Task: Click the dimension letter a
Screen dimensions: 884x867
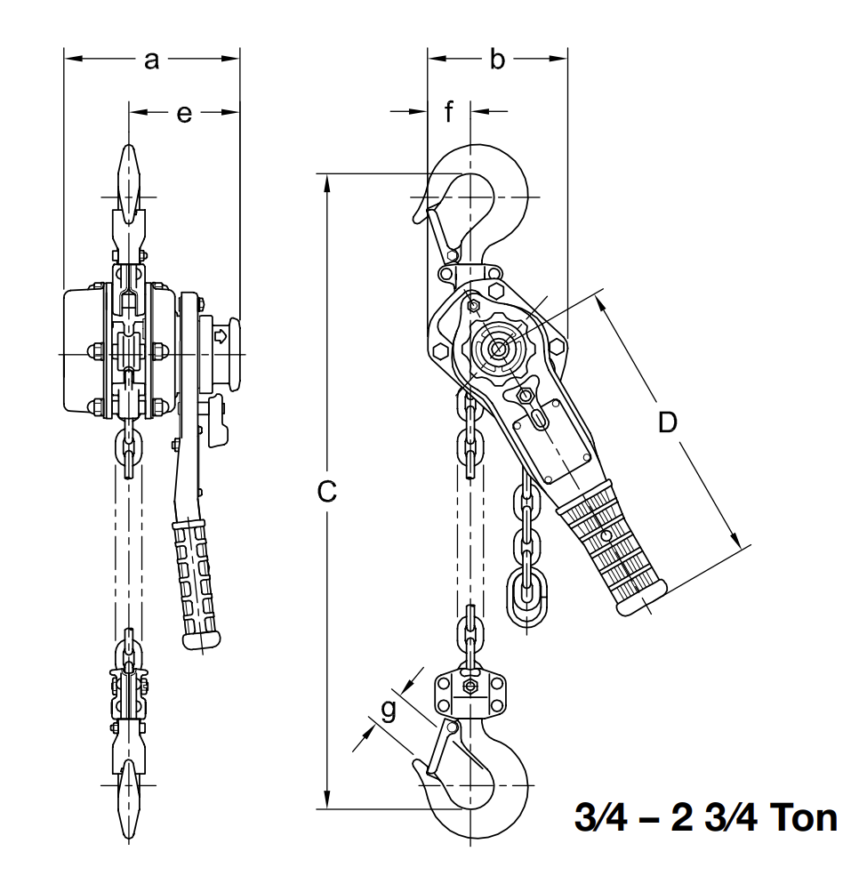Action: coord(151,60)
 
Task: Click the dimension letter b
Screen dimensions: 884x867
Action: coord(497,60)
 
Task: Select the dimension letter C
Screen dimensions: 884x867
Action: coord(327,491)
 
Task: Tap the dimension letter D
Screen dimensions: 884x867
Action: coord(667,423)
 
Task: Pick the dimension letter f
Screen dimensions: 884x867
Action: coord(449,112)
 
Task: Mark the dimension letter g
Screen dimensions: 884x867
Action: coord(387,709)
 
